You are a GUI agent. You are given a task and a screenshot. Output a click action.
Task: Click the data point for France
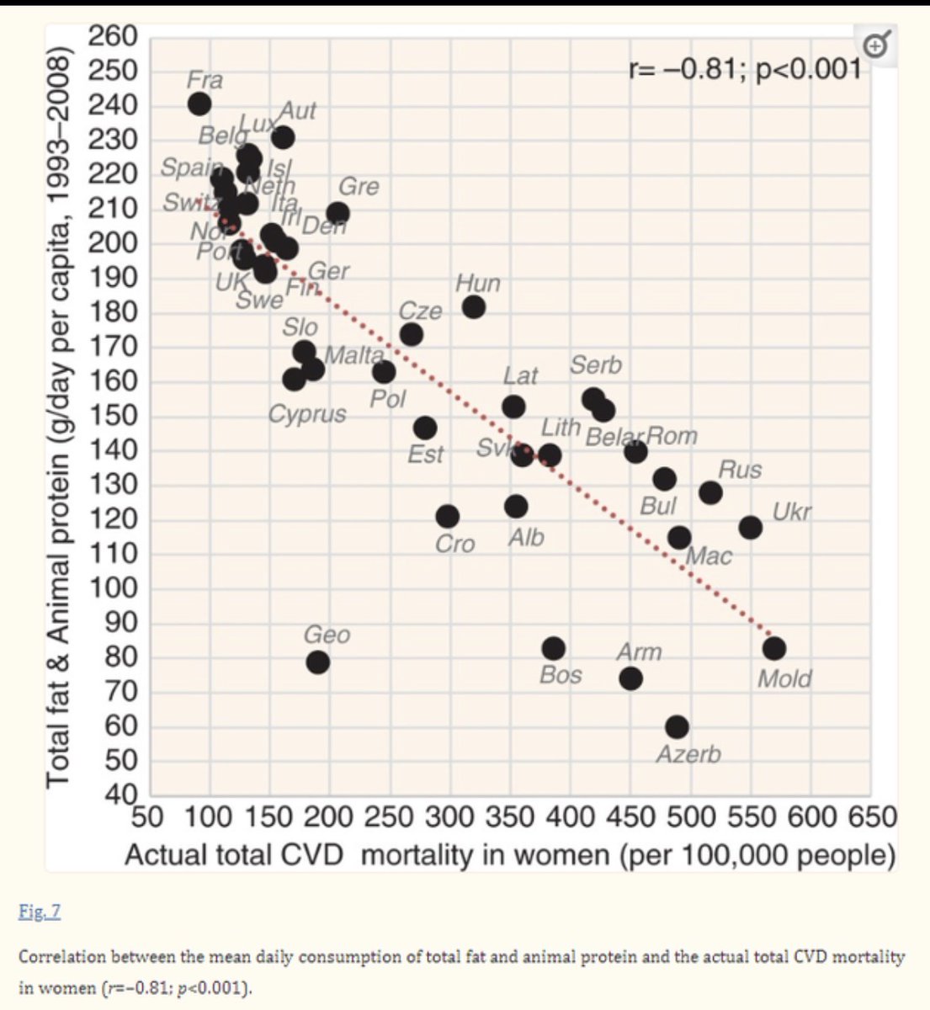pyautogui.click(x=199, y=104)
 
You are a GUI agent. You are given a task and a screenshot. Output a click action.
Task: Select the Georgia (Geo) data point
pyautogui.click(x=316, y=662)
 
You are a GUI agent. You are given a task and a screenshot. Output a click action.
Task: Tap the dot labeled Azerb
pyautogui.click(x=677, y=726)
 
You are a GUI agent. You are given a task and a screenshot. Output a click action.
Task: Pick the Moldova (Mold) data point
pyautogui.click(x=773, y=649)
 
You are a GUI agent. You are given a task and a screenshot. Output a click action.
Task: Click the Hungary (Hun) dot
pyautogui.click(x=473, y=307)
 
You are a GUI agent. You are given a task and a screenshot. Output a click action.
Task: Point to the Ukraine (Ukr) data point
pyautogui.click(x=750, y=528)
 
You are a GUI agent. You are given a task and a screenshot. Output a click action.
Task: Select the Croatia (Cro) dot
pyautogui.click(x=447, y=516)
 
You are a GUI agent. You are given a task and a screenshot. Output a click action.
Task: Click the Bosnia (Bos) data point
pyautogui.click(x=553, y=649)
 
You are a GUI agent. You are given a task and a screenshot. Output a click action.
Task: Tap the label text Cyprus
pyautogui.click(x=307, y=414)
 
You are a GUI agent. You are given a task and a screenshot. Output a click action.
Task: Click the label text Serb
pyautogui.click(x=595, y=365)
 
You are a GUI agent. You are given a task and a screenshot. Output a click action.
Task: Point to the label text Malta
pyautogui.click(x=353, y=354)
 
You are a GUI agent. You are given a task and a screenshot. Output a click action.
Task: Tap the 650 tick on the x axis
pyautogui.click(x=872, y=817)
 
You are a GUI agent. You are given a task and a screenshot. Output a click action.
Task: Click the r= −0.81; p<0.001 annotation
pyautogui.click(x=744, y=68)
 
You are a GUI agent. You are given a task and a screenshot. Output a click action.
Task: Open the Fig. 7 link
pyautogui.click(x=39, y=912)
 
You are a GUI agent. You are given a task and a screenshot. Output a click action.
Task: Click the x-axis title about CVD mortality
pyautogui.click(x=509, y=855)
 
